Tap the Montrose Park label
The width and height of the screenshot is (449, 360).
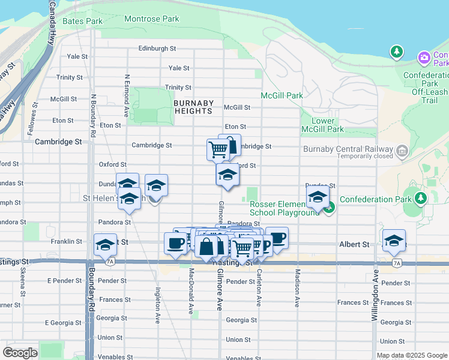coord(151,19)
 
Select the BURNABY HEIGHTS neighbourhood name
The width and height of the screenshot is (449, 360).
coord(193,107)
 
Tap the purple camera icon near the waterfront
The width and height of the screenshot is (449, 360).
coord(424,58)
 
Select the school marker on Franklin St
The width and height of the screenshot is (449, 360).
coord(105,244)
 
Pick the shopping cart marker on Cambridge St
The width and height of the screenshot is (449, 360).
coord(218,149)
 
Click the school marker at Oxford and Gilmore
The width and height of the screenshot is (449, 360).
coord(228,174)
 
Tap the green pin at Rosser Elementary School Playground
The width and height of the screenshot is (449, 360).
coord(329,208)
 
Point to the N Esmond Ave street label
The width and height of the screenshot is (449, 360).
coord(127,95)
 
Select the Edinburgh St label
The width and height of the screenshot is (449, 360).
coord(157,49)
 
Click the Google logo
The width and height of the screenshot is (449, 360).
coord(20,353)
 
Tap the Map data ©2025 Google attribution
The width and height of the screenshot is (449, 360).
coord(412,355)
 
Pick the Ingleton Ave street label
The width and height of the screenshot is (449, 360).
coord(158,305)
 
